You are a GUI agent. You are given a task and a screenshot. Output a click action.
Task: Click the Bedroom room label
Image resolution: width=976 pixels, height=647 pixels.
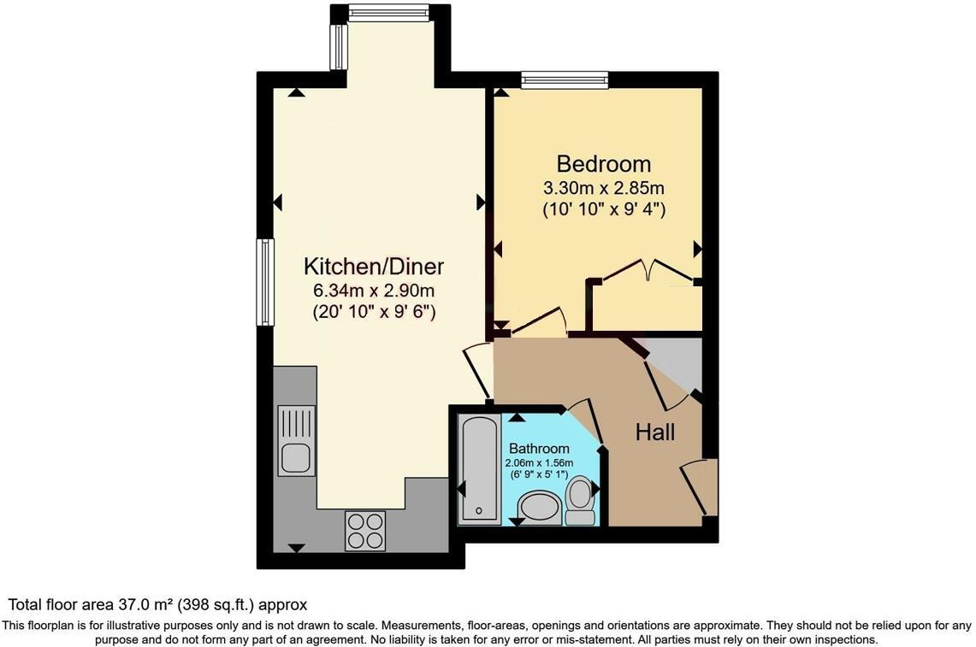click(x=603, y=163)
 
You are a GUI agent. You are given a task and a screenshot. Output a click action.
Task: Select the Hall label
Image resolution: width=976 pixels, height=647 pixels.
click(x=654, y=432)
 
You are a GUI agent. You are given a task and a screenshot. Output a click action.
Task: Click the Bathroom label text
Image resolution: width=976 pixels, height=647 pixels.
click(x=539, y=449)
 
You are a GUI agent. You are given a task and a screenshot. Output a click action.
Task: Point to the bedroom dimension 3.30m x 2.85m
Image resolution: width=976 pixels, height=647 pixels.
click(x=604, y=187)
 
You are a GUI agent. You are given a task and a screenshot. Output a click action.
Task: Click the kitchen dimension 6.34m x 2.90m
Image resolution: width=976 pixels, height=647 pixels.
click(x=375, y=291)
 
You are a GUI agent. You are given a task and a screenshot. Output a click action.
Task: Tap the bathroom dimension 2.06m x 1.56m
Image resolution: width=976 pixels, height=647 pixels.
click(x=539, y=462)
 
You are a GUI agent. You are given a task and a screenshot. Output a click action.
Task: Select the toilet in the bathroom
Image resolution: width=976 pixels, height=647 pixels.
click(x=581, y=501)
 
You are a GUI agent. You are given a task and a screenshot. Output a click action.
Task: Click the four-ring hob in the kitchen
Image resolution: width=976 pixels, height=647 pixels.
click(x=365, y=530)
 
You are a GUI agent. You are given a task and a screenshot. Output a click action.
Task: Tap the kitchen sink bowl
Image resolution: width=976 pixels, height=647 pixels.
click(x=295, y=456)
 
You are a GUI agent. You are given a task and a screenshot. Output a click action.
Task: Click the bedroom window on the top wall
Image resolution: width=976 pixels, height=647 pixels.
click(x=565, y=82)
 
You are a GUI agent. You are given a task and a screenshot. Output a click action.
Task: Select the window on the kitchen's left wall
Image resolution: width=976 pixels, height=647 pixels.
click(x=265, y=282)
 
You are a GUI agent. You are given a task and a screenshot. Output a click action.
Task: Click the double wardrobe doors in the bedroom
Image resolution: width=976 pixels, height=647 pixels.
click(x=648, y=269)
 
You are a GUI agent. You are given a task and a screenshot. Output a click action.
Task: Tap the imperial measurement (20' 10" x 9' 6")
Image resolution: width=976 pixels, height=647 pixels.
click(x=375, y=312)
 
